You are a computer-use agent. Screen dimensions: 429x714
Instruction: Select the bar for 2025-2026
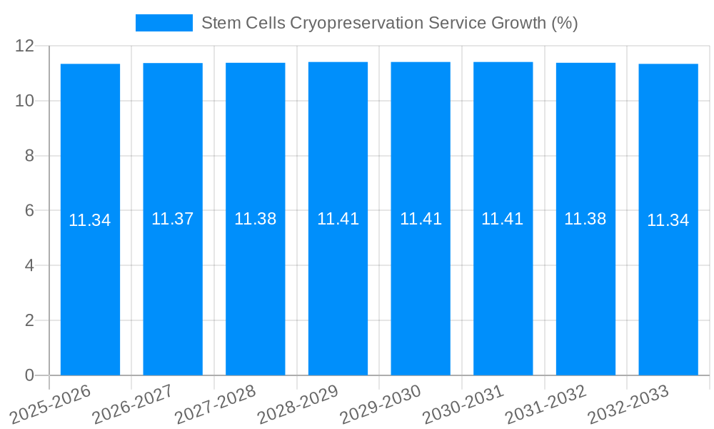[x=90, y=286]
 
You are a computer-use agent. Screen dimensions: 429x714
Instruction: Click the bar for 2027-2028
[x=256, y=286]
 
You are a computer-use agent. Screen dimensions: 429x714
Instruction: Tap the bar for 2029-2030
[x=421, y=286]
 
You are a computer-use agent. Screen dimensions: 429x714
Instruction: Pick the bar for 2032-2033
[x=668, y=286]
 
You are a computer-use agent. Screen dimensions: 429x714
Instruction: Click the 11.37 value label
[x=173, y=219]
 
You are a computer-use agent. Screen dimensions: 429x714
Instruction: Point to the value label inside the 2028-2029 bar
[x=338, y=219]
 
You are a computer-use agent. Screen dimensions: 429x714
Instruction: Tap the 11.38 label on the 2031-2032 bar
[x=585, y=219]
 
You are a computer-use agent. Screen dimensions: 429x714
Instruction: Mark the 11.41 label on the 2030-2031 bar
[x=503, y=219]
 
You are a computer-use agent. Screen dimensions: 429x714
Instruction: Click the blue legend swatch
[x=164, y=23]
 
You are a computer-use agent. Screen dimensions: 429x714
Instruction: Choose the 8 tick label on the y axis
[x=29, y=156]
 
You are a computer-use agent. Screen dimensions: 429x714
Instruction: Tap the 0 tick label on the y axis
[x=29, y=375]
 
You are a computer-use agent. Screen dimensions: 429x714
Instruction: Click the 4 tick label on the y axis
[x=29, y=265]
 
